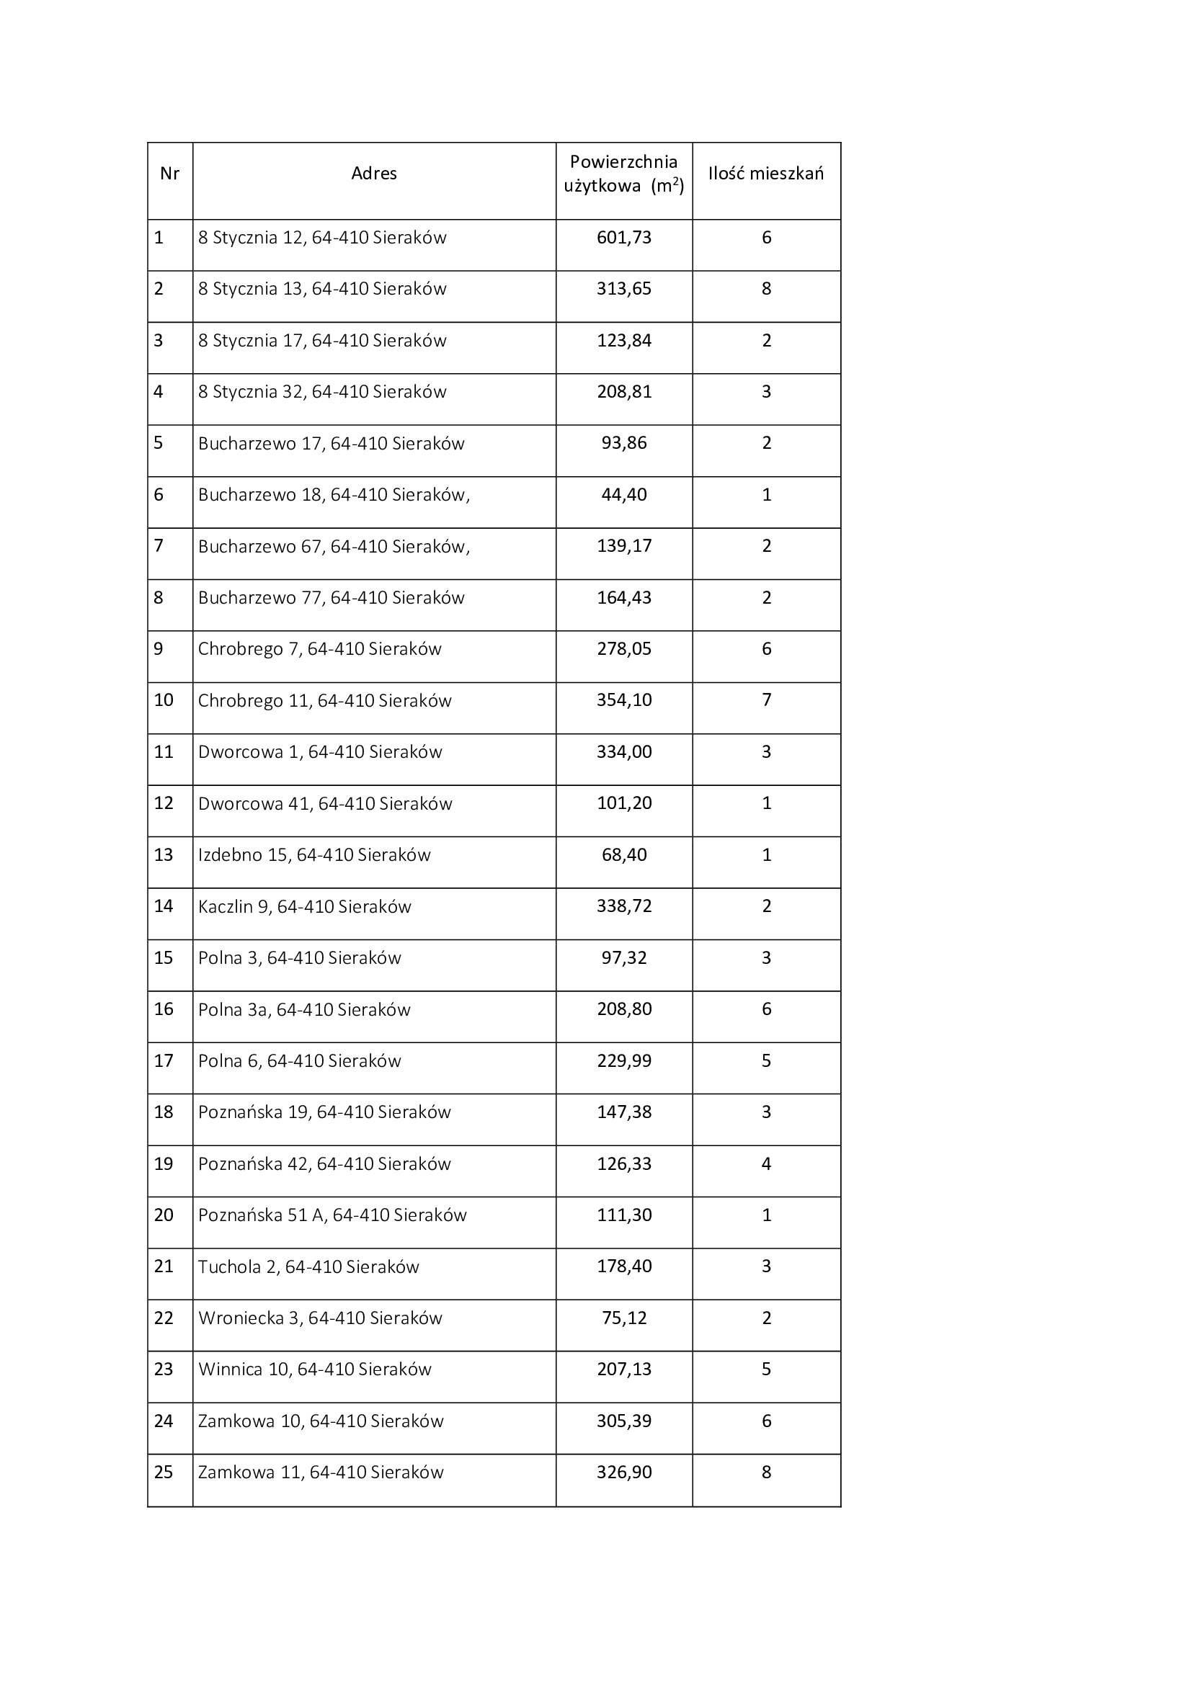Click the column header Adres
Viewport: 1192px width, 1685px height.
373,174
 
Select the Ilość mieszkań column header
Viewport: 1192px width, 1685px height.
765,174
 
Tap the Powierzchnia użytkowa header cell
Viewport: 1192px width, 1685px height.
624,174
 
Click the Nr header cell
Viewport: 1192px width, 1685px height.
169,174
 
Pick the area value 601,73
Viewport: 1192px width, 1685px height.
624,238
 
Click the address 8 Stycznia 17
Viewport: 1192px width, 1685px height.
322,341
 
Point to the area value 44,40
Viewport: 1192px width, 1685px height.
624,495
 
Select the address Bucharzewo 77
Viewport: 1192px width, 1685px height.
331,598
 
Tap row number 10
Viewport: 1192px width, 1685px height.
164,700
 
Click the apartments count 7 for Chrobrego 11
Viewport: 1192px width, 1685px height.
766,700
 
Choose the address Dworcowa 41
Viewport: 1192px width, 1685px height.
325,804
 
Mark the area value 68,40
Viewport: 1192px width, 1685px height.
624,855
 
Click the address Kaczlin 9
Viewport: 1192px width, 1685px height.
305,907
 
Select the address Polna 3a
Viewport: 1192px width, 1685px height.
304,1010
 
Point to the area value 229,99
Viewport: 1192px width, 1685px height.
624,1061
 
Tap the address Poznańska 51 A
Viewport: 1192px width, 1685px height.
332,1215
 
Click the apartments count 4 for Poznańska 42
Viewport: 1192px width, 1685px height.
766,1164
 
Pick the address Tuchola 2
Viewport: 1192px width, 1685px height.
308,1266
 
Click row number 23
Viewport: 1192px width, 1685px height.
164,1369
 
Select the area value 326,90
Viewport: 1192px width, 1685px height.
624,1472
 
